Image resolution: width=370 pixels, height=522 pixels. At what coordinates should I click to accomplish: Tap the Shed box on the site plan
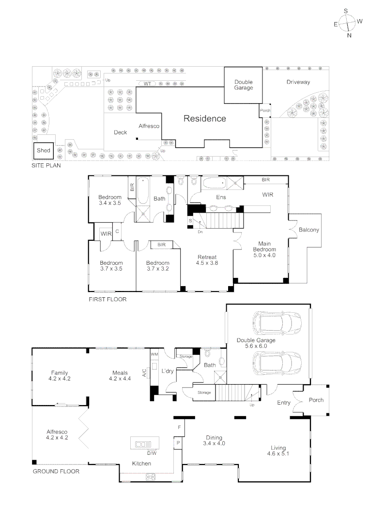[44, 151]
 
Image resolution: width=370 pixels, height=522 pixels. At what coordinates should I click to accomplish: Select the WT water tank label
[148, 84]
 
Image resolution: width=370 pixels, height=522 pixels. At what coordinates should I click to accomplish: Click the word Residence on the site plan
[204, 118]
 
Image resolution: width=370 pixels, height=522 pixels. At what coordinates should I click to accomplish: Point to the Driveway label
[298, 82]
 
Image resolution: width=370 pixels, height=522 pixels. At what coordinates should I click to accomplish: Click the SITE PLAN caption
[46, 165]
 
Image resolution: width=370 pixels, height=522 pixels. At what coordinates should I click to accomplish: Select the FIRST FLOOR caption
[108, 300]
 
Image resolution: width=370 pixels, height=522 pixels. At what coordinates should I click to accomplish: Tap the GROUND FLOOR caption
[56, 471]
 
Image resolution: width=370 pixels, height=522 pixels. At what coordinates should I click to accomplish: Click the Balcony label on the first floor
[308, 230]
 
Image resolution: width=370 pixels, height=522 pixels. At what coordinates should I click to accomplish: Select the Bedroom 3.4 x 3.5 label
[109, 200]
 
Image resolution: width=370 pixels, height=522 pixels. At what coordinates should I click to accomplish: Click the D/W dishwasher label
[152, 453]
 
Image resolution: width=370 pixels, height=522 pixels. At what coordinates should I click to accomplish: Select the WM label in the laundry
[154, 354]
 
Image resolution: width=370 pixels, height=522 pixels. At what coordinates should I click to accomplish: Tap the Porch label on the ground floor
[316, 400]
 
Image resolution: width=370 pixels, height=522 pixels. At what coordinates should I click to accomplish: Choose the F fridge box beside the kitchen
[179, 428]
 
